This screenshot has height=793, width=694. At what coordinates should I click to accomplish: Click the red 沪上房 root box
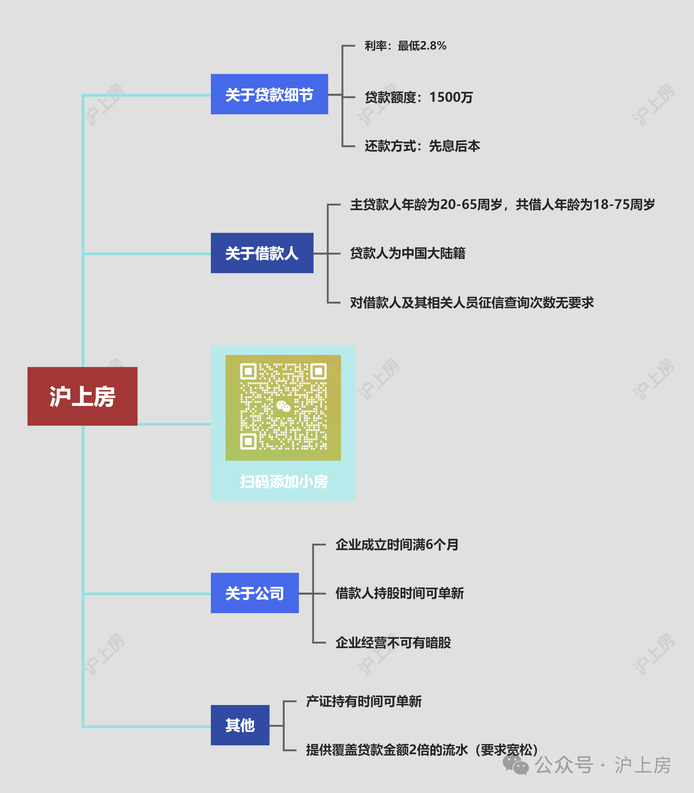[x=82, y=396]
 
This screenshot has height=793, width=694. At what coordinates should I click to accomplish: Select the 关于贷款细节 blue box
[x=269, y=94]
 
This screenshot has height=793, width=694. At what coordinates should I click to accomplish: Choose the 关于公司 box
[x=255, y=593]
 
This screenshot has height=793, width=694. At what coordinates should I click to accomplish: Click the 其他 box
[x=240, y=725]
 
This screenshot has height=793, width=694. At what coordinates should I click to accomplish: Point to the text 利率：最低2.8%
[x=405, y=46]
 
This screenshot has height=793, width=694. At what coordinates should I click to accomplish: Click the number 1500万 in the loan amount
[x=451, y=97]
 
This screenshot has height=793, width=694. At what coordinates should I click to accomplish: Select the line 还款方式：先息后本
[x=422, y=146]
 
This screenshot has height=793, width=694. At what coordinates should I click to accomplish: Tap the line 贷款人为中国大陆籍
[x=407, y=253]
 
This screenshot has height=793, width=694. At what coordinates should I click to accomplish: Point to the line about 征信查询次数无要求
[x=471, y=302]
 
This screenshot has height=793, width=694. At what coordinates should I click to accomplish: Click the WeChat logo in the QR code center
[x=283, y=406]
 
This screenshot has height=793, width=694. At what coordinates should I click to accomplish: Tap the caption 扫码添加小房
[x=284, y=481]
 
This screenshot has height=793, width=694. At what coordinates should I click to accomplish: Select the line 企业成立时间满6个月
[x=397, y=545]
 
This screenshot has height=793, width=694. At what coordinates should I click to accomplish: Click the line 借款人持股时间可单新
[x=399, y=593]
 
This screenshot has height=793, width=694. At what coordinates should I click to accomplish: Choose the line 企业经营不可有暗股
[x=393, y=642]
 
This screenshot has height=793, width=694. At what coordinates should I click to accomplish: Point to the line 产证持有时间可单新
[x=364, y=701]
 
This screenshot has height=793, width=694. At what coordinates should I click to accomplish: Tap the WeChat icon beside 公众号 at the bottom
[x=516, y=765]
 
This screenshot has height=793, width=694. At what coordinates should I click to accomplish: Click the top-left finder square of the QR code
[x=248, y=371]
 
